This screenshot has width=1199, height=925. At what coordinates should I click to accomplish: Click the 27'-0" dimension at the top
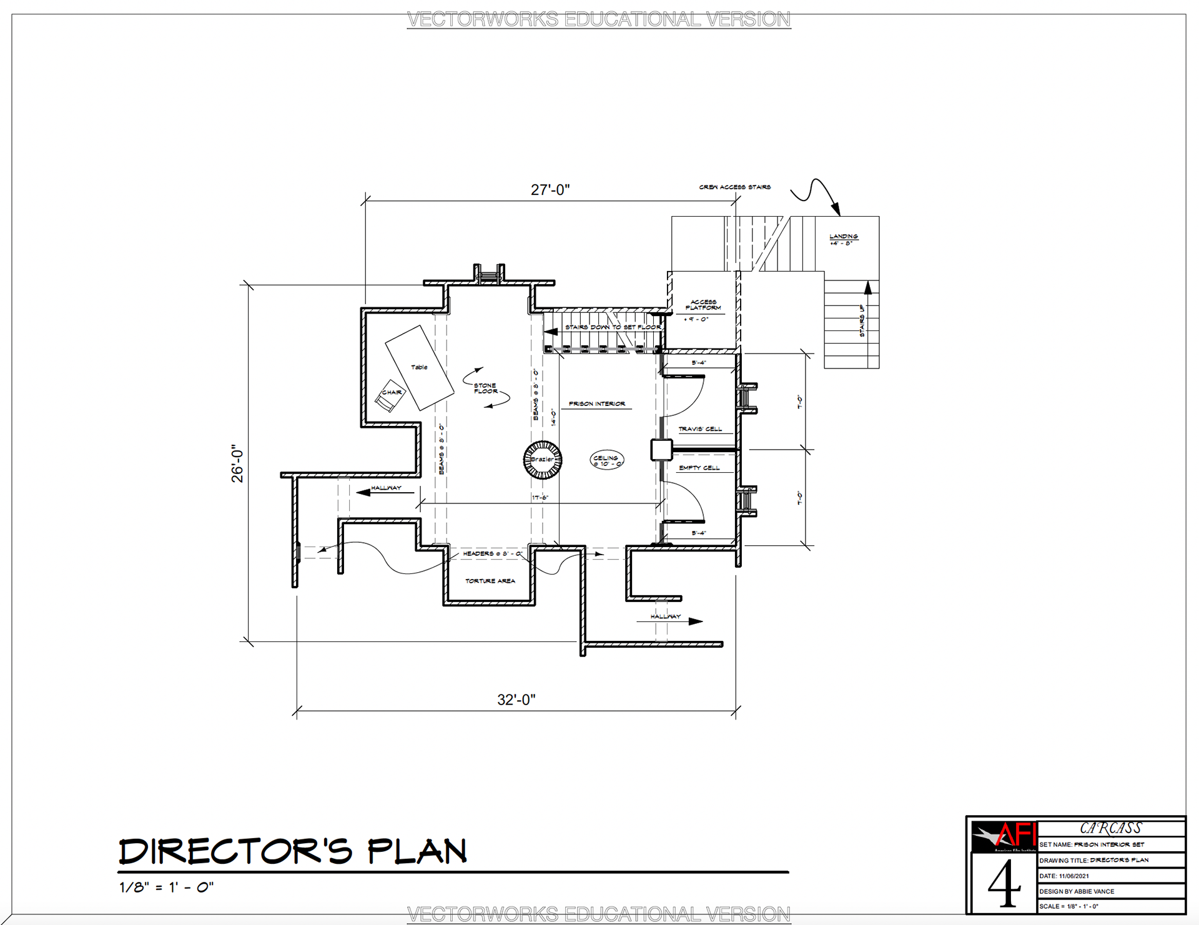[x=550, y=190]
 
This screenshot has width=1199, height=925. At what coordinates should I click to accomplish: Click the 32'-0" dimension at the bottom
[x=516, y=700]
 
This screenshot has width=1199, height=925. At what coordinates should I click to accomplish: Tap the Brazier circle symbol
[x=542, y=460]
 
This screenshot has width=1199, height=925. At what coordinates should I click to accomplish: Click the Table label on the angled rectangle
[x=419, y=367]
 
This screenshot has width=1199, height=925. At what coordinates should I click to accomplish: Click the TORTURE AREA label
[x=490, y=581]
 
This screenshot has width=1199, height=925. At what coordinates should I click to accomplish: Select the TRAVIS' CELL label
[x=700, y=429]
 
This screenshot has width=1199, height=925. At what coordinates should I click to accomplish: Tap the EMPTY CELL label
[x=699, y=468]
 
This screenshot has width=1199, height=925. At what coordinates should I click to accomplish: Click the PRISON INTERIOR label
[x=596, y=404]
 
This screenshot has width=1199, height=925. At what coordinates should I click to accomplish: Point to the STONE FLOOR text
[x=485, y=388]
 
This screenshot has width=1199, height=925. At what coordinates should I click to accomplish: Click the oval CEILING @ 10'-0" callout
[x=606, y=461]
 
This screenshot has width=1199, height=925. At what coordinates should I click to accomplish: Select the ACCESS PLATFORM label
[x=703, y=305]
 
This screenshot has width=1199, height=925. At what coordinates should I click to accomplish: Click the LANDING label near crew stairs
[x=843, y=237]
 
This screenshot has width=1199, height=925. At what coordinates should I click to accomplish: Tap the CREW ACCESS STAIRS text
[x=734, y=187]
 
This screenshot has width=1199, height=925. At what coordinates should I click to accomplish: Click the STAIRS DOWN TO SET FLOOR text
[x=613, y=327]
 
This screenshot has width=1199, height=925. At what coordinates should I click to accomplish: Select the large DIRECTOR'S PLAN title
[x=292, y=851]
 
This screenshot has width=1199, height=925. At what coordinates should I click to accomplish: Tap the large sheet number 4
[x=1004, y=884]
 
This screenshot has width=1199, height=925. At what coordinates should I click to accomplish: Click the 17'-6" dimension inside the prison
[x=540, y=498]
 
